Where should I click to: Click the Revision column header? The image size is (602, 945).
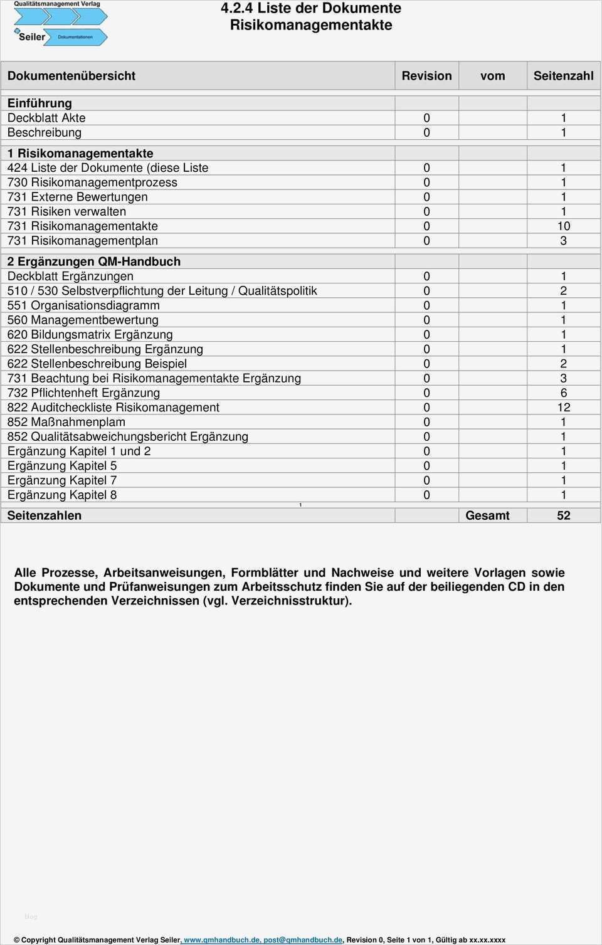click(x=426, y=76)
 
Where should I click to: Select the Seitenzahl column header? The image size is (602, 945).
click(x=563, y=76)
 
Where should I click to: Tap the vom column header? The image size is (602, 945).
click(x=492, y=76)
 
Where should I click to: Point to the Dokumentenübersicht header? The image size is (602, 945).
click(x=71, y=76)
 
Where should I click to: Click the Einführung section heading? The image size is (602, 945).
click(x=40, y=103)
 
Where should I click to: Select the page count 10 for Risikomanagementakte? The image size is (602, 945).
click(x=563, y=226)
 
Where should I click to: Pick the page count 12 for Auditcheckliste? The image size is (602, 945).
click(x=563, y=408)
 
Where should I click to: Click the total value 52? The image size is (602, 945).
click(x=563, y=515)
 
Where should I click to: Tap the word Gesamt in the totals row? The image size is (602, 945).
click(x=487, y=515)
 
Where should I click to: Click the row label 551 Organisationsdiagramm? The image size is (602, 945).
click(x=83, y=305)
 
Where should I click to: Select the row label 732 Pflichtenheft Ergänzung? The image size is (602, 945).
click(x=83, y=393)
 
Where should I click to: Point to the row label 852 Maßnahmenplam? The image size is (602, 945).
click(x=66, y=422)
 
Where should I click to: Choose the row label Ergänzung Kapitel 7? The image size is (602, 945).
click(x=62, y=480)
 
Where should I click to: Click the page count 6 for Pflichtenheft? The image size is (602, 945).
click(x=563, y=393)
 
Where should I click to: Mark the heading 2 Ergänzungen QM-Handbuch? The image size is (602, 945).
click(x=94, y=261)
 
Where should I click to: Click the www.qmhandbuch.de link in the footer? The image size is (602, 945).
click(x=221, y=940)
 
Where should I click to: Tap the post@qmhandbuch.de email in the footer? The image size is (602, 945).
click(x=303, y=940)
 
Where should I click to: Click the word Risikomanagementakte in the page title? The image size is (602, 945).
click(x=311, y=25)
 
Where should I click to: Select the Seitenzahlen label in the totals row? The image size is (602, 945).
click(x=45, y=515)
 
